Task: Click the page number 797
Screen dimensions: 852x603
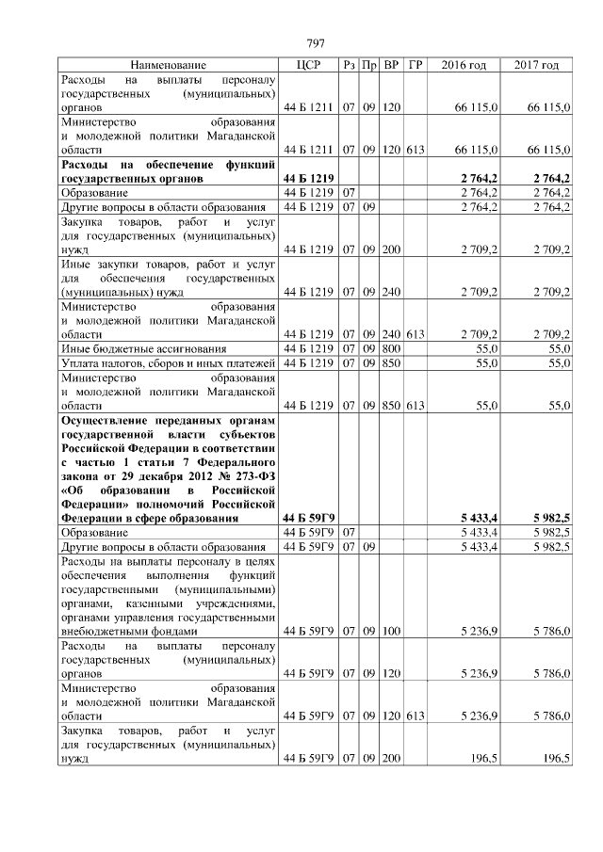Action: pos(316,44)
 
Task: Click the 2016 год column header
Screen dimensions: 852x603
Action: pos(464,65)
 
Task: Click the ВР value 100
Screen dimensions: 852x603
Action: pos(391,631)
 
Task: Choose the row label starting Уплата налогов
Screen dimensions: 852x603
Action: pos(168,363)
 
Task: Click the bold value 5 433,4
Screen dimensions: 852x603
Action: pos(479,518)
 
